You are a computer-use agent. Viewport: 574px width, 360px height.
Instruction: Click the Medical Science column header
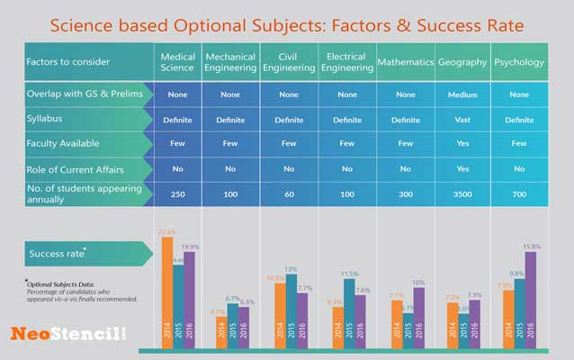(x=176, y=62)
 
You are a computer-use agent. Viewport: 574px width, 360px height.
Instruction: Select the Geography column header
(x=462, y=62)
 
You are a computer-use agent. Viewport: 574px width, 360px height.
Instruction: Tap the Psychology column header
(x=519, y=62)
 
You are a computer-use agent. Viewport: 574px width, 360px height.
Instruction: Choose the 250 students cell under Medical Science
(x=176, y=194)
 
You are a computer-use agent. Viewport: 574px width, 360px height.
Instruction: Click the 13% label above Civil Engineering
(x=291, y=269)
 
